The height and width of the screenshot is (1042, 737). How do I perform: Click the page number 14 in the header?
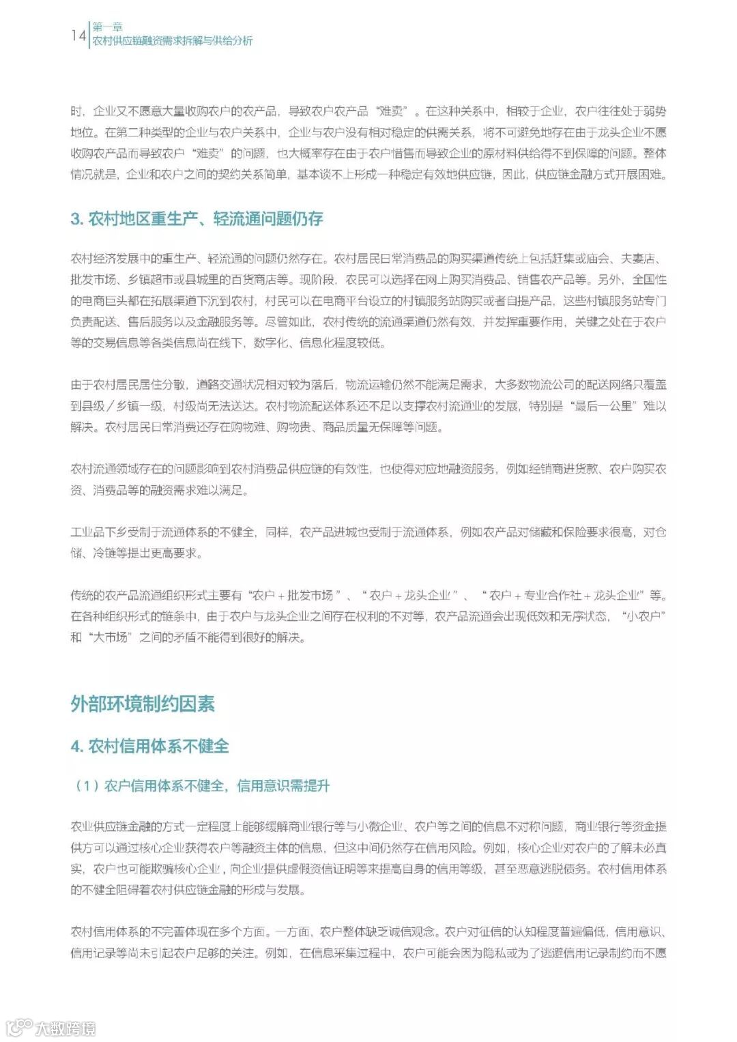[x=78, y=35]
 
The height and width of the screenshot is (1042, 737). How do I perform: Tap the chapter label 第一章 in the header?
[x=107, y=28]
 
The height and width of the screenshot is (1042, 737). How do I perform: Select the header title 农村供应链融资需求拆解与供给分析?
[x=172, y=41]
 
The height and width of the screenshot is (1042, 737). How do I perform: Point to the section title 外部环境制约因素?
[x=143, y=704]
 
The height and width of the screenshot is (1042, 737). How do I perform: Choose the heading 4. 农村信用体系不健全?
[x=149, y=746]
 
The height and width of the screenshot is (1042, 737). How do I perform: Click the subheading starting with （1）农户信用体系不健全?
[x=201, y=786]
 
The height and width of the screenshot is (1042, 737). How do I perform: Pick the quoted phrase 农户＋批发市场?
[x=292, y=595]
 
